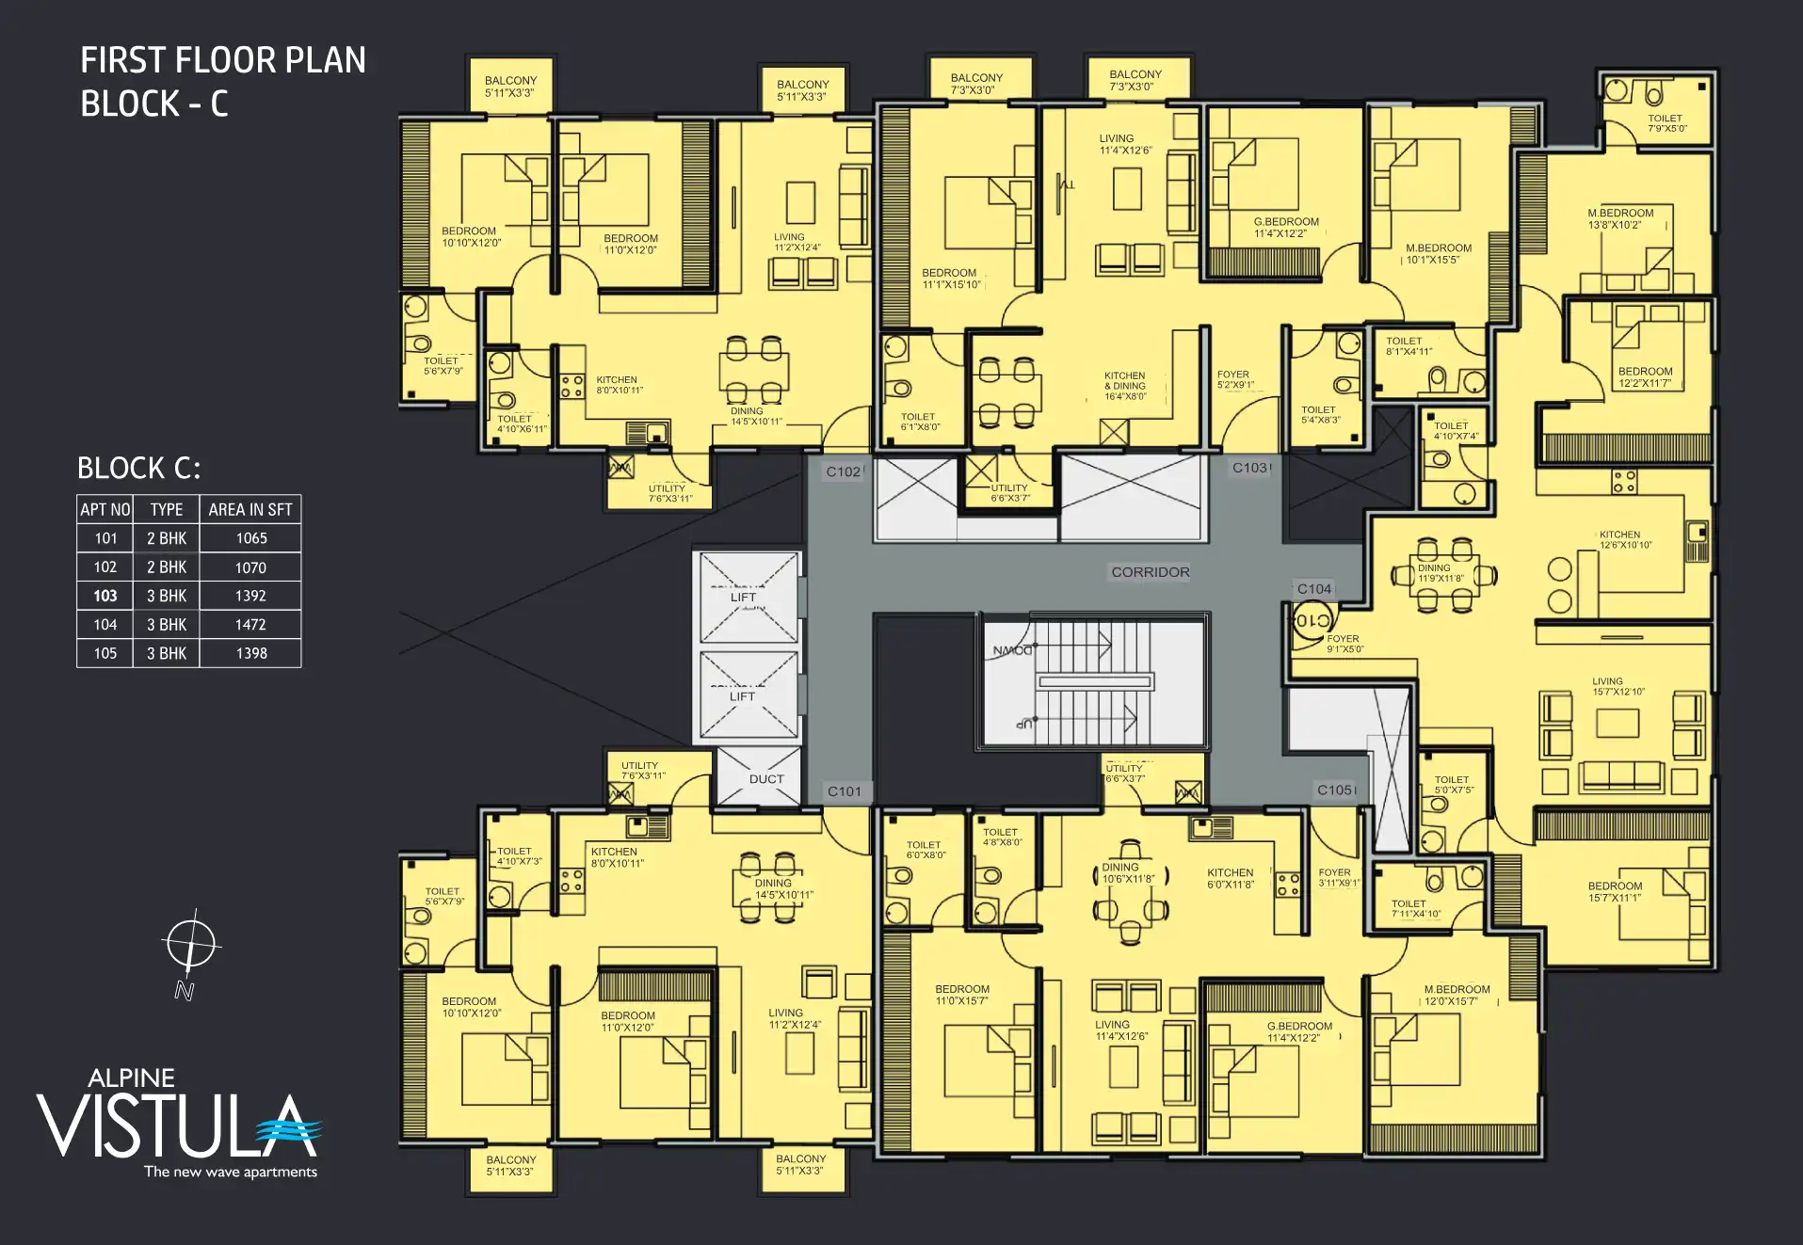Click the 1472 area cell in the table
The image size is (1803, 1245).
tap(250, 625)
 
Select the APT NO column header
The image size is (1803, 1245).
tap(105, 510)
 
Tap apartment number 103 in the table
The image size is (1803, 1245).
tap(105, 596)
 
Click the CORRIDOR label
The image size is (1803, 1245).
tap(1150, 572)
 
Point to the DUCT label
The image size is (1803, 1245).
tap(765, 779)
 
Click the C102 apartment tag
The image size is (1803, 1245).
tap(843, 471)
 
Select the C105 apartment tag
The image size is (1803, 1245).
tap(1335, 790)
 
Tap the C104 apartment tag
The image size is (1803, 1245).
tap(1313, 589)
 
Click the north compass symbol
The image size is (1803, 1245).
tap(190, 944)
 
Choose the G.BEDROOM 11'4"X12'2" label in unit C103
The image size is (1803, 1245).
tap(1285, 228)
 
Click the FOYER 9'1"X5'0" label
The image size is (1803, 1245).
tap(1344, 644)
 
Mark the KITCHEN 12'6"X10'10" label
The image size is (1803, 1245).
tap(1624, 539)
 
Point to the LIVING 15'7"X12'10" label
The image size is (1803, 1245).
tap(1618, 686)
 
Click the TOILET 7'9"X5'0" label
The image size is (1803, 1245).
tap(1666, 123)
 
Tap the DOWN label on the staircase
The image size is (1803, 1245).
tap(1012, 650)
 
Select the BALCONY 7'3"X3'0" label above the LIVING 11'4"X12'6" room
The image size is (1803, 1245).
tap(1135, 80)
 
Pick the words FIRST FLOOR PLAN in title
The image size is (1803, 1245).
tap(223, 60)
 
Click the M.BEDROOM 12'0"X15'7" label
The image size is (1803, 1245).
tap(1456, 995)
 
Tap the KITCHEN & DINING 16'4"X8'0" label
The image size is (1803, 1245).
tap(1125, 386)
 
